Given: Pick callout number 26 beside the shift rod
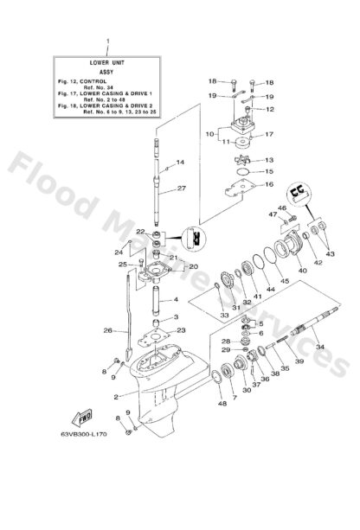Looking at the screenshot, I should pos(109,330).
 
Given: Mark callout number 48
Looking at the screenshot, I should pos(222,403).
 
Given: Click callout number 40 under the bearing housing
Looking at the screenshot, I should pos(302,271).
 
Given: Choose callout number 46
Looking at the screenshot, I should pos(281,208).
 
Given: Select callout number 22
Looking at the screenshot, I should pos(138,232).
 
